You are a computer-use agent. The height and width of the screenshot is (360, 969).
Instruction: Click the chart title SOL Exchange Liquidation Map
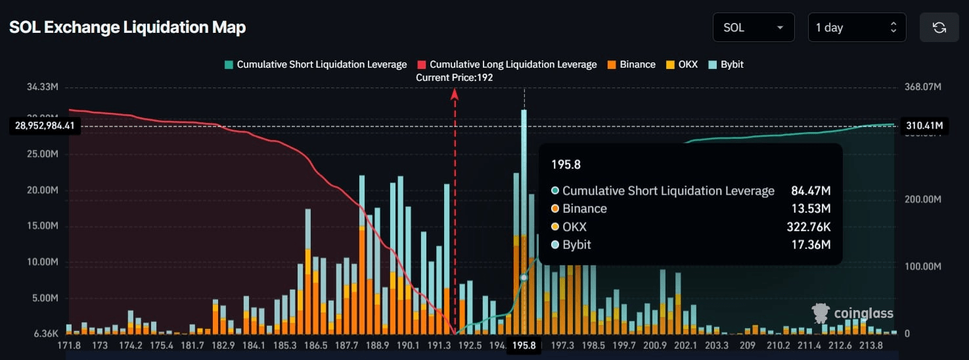pos(127,28)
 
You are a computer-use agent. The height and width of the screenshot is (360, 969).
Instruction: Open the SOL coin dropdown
pos(753,28)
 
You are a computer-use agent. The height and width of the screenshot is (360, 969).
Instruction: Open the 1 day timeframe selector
pos(856,28)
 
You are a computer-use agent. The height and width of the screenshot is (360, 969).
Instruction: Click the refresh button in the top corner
pos(939,28)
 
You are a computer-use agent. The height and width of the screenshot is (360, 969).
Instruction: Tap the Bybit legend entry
pos(726,64)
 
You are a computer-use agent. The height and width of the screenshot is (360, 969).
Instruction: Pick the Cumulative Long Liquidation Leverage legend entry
pos(507,64)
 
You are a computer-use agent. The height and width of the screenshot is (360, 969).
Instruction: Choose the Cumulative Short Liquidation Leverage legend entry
pos(315,64)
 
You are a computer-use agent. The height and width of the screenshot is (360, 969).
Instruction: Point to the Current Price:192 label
pos(454,78)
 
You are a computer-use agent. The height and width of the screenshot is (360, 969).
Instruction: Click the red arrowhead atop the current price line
pos(454,93)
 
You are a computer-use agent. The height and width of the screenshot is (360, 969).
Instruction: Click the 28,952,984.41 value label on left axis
pos(45,125)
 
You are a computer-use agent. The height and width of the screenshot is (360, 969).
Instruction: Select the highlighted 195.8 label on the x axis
pos(524,346)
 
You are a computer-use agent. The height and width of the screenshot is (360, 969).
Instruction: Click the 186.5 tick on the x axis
pos(316,346)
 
